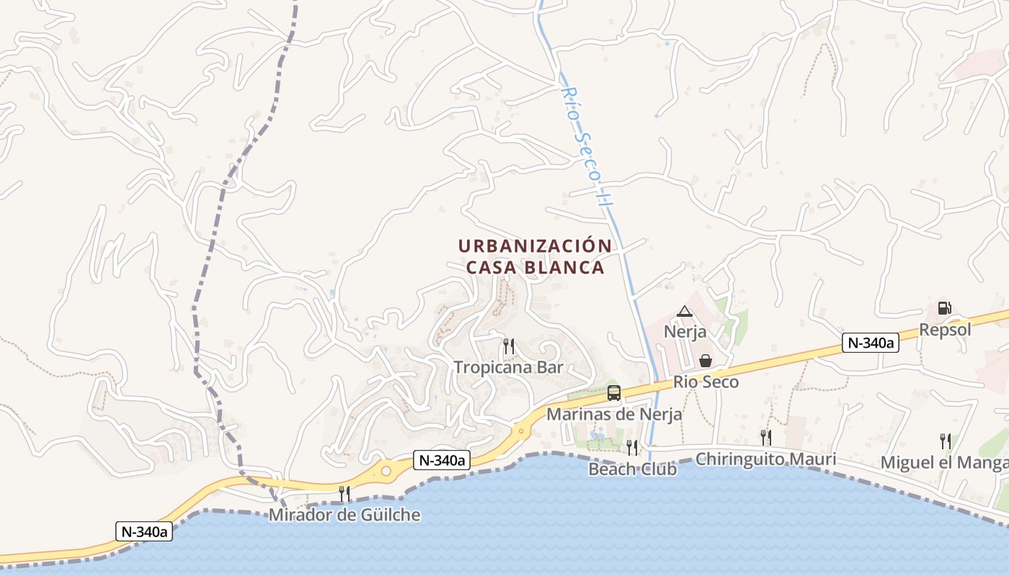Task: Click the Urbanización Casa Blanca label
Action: (535, 256)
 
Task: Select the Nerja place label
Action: (685, 333)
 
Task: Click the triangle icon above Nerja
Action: (685, 311)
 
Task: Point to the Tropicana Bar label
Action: (508, 367)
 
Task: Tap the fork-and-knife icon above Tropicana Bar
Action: (508, 346)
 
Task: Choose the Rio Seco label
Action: (706, 382)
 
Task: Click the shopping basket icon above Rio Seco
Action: (706, 360)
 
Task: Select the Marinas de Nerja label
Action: (614, 415)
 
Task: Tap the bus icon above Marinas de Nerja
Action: (614, 393)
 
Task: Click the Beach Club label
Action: (632, 469)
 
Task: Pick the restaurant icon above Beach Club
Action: (632, 447)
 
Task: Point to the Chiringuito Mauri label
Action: (765, 459)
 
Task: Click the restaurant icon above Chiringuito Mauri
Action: (765, 437)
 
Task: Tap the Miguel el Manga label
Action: (944, 462)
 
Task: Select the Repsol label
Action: (945, 330)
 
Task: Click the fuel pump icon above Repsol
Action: (944, 308)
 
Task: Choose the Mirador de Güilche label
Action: (345, 515)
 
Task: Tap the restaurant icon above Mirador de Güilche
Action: (345, 493)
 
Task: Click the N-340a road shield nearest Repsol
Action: (871, 343)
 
